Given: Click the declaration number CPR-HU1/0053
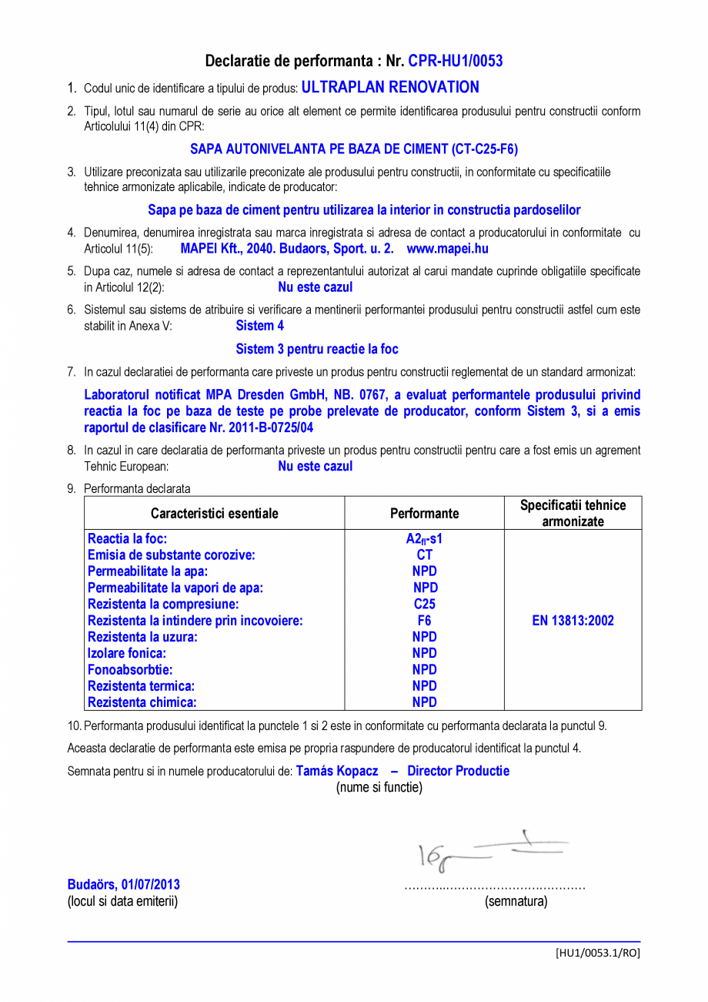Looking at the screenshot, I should tap(455, 61).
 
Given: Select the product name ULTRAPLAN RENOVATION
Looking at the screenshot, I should tap(390, 87).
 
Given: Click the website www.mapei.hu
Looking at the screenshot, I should tap(447, 249).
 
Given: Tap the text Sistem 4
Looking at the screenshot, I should tap(259, 326).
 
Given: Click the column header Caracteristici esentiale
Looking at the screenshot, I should tap(214, 513).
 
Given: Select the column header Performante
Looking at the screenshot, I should tap(424, 513).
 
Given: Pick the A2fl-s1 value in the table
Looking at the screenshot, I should tap(424, 539).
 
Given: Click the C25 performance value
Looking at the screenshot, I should tap(424, 605).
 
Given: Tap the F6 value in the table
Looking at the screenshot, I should tap(424, 621).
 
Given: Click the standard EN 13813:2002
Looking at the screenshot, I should tap(573, 621).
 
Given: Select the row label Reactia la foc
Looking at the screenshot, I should tap(127, 539).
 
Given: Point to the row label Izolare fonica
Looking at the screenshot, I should tap(127, 653).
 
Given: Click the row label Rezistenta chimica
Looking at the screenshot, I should tap(142, 702).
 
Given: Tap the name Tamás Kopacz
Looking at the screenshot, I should tap(337, 771).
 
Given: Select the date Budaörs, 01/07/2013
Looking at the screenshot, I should tap(124, 885).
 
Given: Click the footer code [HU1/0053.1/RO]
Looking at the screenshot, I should tap(597, 953).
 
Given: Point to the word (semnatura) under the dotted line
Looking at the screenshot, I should tap(516, 901).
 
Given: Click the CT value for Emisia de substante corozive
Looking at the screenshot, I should tap(424, 555).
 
